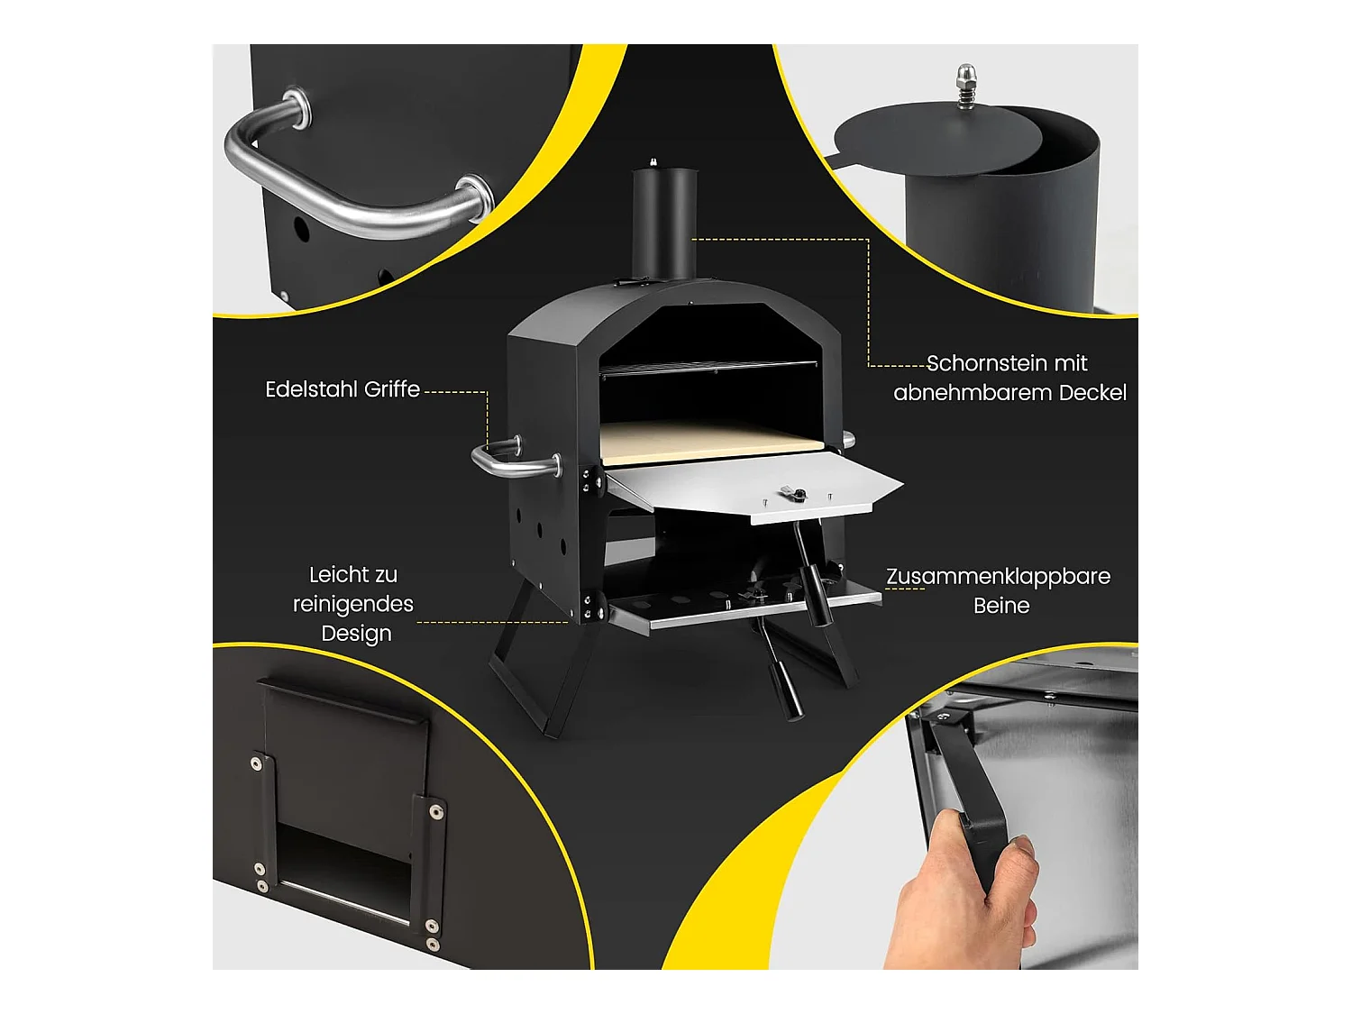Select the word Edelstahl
312,389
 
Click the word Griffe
392,389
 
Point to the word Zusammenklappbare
998,577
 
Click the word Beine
1001,606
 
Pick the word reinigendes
353,604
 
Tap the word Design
356,634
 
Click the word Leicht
353,574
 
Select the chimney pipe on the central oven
665,223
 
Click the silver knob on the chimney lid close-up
966,85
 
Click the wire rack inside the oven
708,368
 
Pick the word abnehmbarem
973,392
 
